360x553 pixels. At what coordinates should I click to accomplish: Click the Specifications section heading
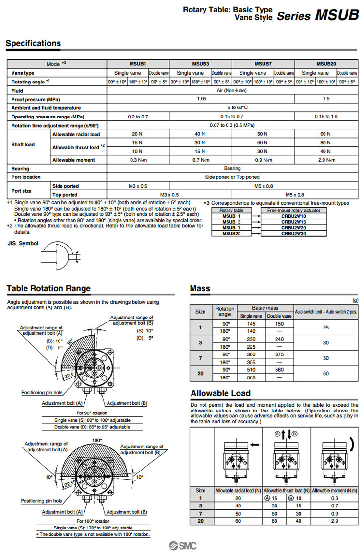click(x=33, y=43)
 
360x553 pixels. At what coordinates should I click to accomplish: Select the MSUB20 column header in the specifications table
click(x=326, y=64)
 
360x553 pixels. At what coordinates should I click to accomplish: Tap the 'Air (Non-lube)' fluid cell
click(x=232, y=90)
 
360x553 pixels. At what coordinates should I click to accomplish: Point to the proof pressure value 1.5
click(x=326, y=99)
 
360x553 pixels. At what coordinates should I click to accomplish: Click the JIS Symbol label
click(x=23, y=243)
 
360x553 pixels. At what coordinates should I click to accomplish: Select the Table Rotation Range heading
click(x=48, y=288)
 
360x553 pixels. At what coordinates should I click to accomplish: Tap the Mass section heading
click(x=200, y=288)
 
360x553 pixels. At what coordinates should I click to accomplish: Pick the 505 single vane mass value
click(x=251, y=377)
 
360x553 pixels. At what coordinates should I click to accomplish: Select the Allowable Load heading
click(x=220, y=394)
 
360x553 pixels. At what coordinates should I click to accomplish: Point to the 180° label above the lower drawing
click(x=97, y=440)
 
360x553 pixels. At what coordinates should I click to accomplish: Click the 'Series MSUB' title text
click(x=318, y=15)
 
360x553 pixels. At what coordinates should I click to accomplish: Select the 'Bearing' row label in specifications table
click(x=20, y=168)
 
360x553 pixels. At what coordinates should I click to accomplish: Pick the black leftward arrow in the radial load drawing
click(x=255, y=445)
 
